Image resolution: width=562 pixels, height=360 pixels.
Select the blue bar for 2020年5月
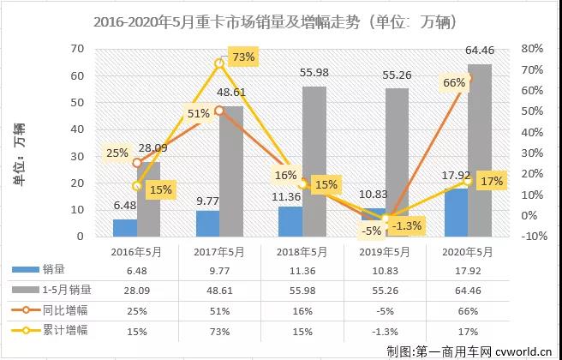tap(456, 213)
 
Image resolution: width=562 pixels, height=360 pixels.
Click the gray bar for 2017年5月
tap(231, 171)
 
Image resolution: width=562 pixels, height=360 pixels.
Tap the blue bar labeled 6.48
tap(125, 227)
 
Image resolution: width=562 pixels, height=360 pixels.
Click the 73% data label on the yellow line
tap(243, 57)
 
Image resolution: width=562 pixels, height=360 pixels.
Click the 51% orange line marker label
tap(199, 113)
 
